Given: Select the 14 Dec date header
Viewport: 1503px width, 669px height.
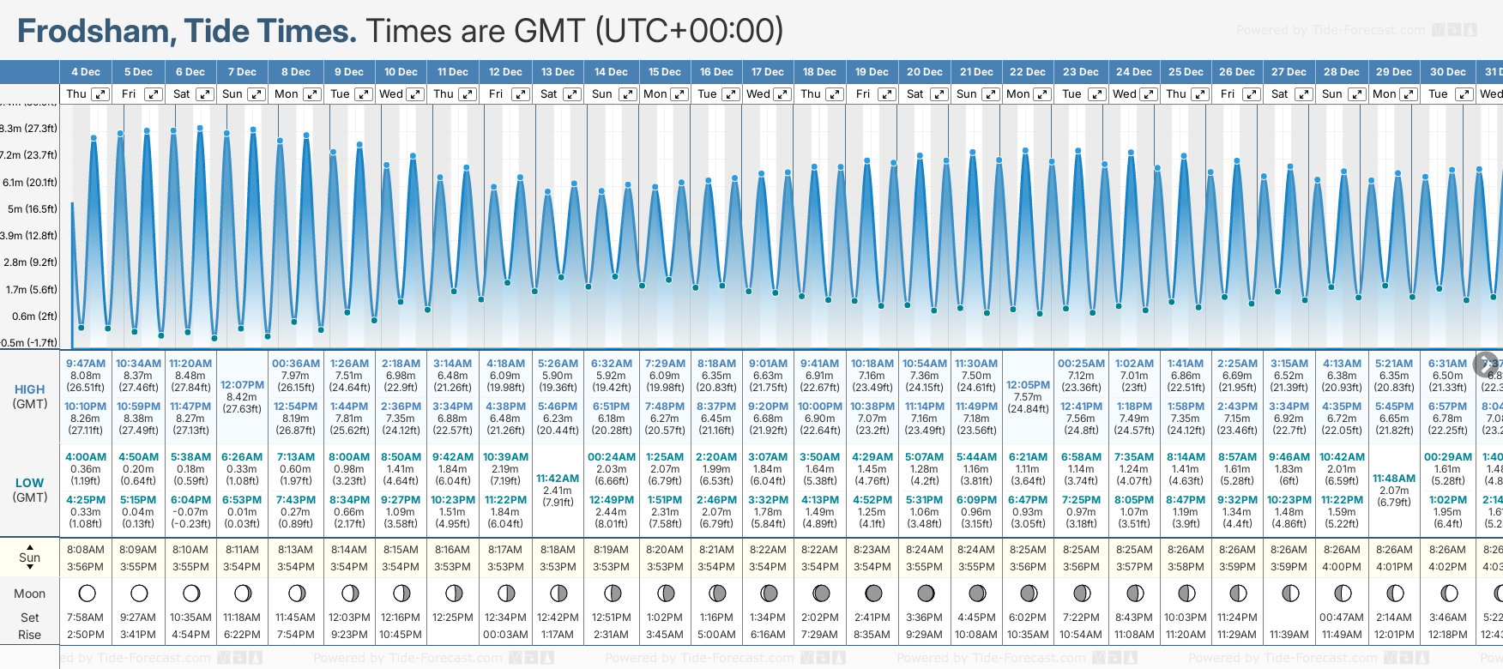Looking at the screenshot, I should (611, 72).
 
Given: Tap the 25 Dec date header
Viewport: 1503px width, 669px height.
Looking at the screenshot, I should (1186, 72).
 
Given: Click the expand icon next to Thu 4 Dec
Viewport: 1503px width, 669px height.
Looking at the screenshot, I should (100, 94).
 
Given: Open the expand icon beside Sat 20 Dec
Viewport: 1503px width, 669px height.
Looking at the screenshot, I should (939, 94).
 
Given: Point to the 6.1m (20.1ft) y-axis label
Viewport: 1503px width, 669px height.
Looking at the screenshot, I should (30, 182).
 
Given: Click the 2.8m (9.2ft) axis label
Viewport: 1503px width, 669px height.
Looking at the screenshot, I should (30, 262).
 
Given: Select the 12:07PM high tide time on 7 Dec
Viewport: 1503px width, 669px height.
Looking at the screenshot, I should (242, 385).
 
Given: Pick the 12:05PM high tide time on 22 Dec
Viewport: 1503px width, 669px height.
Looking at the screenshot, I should (1028, 385).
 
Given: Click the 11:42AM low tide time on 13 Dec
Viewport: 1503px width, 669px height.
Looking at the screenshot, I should (558, 479).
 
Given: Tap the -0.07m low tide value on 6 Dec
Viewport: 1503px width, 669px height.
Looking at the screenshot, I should (190, 512).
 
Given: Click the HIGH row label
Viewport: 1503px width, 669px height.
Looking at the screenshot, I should (29, 389).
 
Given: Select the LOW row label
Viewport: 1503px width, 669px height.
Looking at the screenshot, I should (29, 483).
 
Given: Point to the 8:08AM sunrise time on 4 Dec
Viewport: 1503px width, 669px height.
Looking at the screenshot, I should (86, 550).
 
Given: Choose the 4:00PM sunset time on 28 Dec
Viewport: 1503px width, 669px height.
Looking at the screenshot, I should (1342, 567).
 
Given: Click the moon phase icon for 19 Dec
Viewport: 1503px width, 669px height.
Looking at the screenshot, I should (873, 593).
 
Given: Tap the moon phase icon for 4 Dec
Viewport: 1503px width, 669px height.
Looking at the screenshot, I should (86, 593).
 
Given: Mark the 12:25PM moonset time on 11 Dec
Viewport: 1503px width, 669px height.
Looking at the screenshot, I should (453, 618).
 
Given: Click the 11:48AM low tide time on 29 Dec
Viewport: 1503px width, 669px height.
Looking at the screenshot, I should (1394, 479).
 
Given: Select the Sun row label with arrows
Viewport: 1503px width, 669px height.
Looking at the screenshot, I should (29, 557).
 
